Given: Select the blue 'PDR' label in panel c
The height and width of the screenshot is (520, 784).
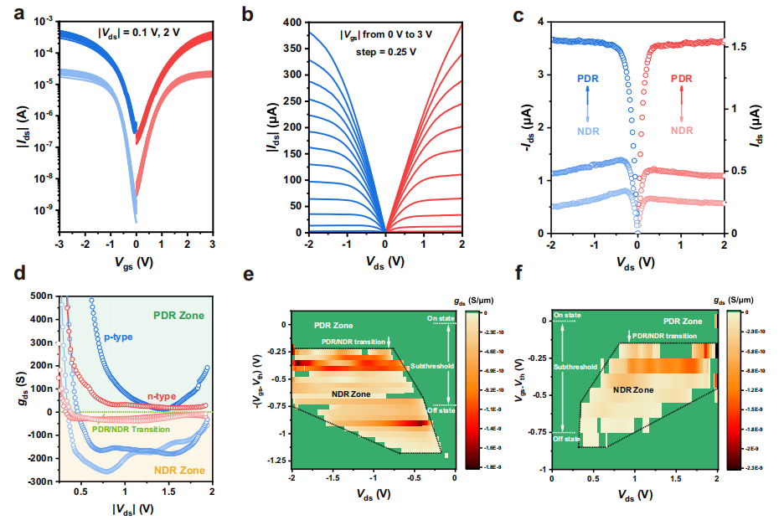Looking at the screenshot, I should pyautogui.click(x=587, y=78).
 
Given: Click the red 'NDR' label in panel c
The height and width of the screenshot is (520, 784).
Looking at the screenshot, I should pyautogui.click(x=682, y=131).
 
